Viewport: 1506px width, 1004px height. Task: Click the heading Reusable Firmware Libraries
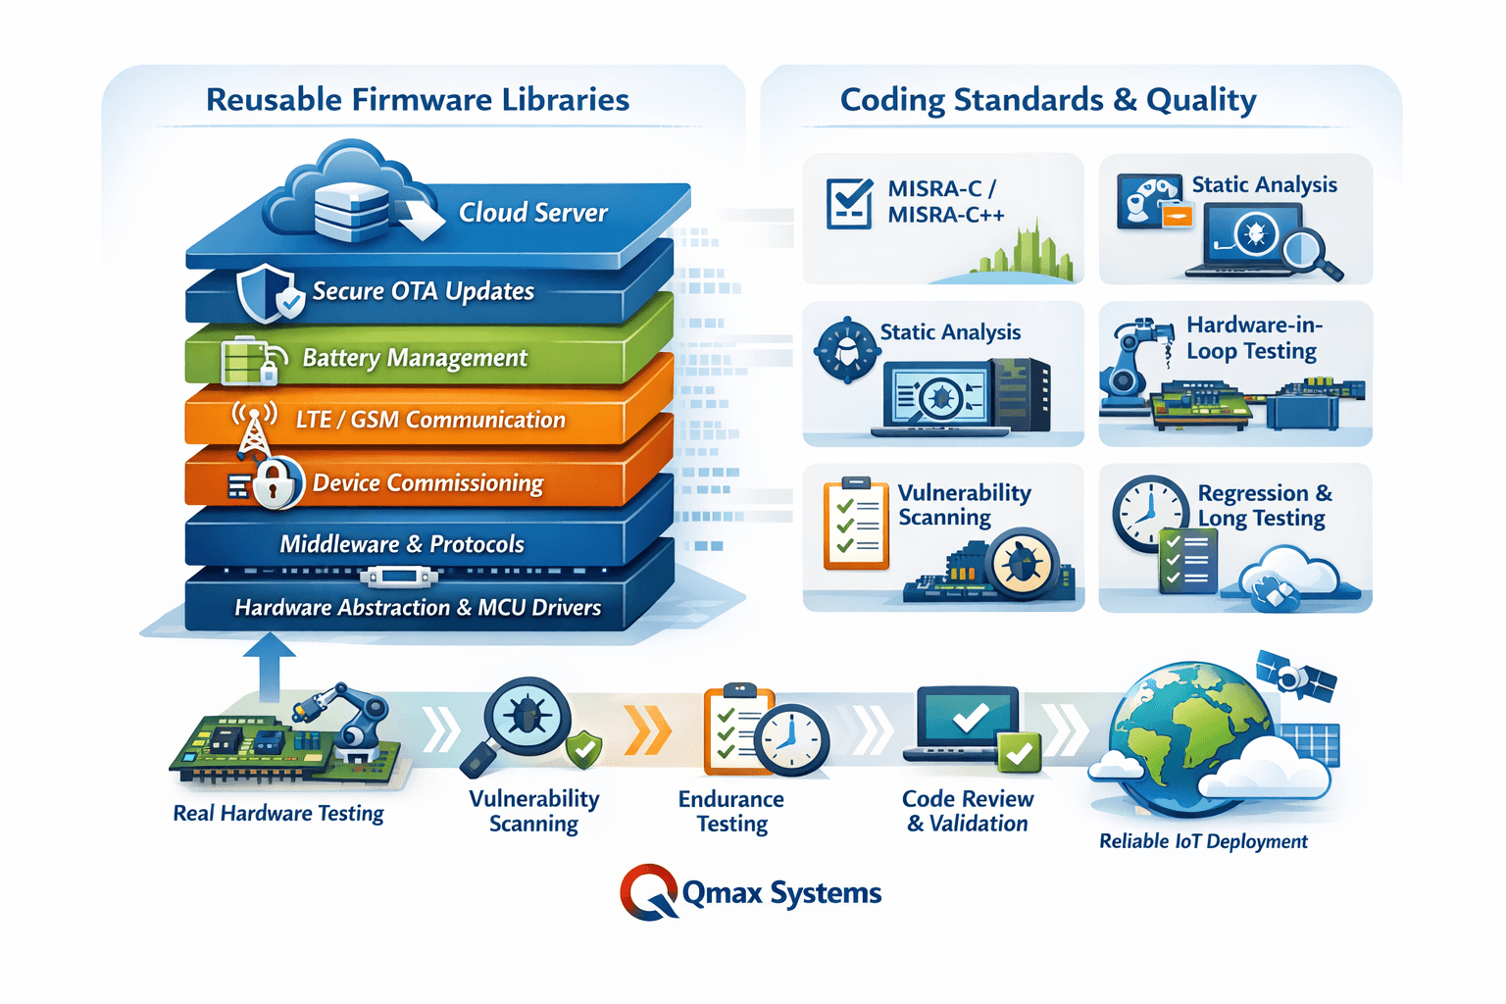coord(417,100)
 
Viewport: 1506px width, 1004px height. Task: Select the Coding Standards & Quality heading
coord(1047,100)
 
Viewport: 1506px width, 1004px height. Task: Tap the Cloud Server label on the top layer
coord(532,213)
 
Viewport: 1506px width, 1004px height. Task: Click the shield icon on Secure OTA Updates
coord(266,293)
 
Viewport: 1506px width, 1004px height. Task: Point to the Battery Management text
coord(414,358)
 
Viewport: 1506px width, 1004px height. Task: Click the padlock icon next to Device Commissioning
coord(276,482)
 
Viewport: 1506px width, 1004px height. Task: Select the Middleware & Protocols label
coord(402,544)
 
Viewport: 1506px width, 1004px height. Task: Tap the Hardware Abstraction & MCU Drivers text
coord(418,608)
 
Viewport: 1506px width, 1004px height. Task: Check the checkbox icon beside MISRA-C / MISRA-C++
coord(849,203)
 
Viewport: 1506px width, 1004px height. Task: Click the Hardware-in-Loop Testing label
coord(1253,338)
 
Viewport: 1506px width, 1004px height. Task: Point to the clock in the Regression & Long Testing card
coord(1149,514)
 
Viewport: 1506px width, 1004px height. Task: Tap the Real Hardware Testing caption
coord(278,814)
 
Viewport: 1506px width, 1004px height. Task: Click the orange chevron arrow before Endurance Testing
coord(648,730)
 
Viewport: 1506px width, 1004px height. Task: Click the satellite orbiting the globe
coord(1296,676)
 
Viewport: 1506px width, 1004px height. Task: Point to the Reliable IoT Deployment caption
coord(1203,841)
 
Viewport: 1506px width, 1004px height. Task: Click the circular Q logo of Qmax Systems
coord(648,892)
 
